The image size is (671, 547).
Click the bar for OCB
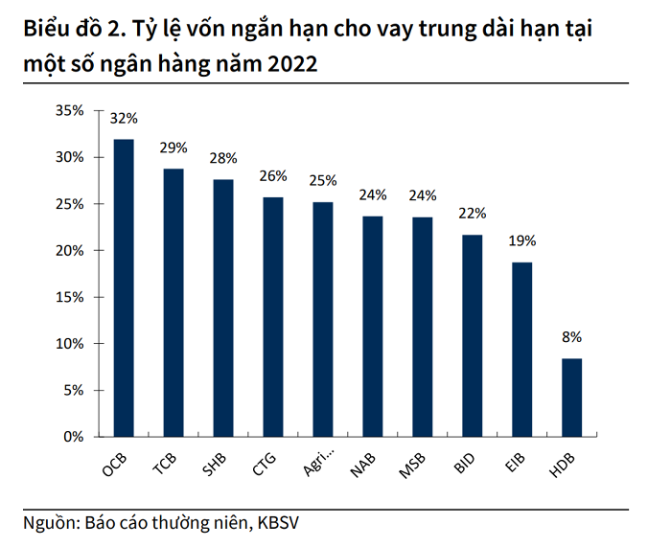click(x=124, y=287)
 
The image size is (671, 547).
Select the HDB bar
click(x=571, y=398)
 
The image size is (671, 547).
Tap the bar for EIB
click(x=521, y=350)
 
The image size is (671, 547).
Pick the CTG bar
click(x=273, y=317)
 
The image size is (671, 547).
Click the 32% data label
click(x=124, y=119)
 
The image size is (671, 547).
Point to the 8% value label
click(x=571, y=337)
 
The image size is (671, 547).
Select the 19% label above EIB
click(x=521, y=241)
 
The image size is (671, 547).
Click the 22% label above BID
click(x=472, y=213)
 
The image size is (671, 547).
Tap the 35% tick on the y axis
click(x=69, y=111)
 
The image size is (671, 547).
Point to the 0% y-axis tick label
click(x=74, y=437)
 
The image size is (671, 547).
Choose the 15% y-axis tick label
click(x=69, y=297)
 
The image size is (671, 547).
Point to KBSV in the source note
click(x=285, y=523)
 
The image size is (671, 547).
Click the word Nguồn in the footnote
click(x=49, y=523)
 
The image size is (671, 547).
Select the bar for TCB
click(x=174, y=303)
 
